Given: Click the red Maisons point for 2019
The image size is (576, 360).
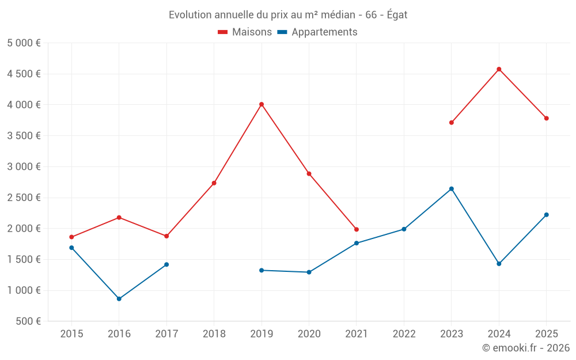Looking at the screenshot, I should click(x=262, y=104).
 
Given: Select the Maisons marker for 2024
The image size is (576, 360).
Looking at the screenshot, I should click(x=499, y=69).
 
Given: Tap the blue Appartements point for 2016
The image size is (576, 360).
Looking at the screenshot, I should click(x=119, y=299).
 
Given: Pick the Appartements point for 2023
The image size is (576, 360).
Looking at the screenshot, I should click(x=452, y=189).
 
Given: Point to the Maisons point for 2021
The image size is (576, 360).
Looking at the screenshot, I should click(x=357, y=229).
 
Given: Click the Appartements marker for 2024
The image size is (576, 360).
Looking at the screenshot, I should click(x=499, y=264).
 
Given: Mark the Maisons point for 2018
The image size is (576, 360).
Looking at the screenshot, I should click(x=214, y=183).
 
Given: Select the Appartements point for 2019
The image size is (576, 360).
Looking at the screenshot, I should click(x=262, y=270).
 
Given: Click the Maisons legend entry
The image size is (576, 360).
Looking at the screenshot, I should click(x=245, y=32).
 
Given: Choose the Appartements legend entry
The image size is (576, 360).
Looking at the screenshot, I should click(x=317, y=32).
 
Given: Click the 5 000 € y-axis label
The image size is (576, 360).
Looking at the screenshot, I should click(x=24, y=43).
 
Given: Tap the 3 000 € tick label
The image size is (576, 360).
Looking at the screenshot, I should click(x=24, y=167).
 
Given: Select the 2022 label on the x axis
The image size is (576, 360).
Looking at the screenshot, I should click(x=404, y=334).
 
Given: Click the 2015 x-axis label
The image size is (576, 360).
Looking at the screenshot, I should click(x=71, y=334).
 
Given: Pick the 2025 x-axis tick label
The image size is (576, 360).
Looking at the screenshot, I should click(x=546, y=334).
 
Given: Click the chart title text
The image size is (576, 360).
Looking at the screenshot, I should click(x=288, y=15).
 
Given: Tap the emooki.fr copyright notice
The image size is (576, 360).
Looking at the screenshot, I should click(x=526, y=348).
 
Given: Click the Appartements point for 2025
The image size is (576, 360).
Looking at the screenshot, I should click(x=547, y=215).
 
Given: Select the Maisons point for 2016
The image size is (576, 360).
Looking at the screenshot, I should click(x=119, y=217).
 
